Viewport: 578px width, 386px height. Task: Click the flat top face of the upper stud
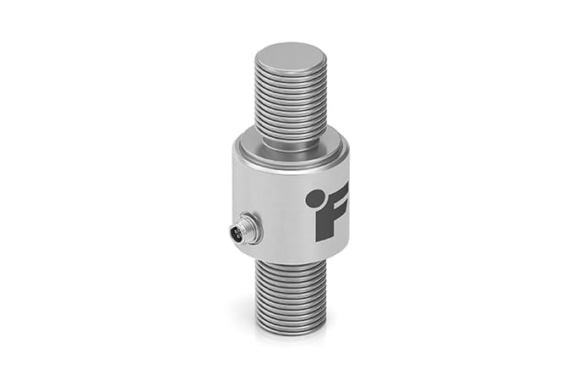(x=290, y=60)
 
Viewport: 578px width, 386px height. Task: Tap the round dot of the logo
(x=314, y=198)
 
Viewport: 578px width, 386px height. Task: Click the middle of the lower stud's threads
(x=290, y=296)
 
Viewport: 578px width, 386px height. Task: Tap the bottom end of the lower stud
(x=290, y=333)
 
